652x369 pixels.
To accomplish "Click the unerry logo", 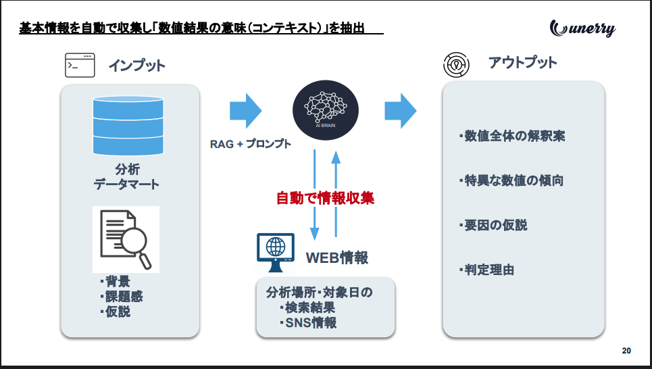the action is coord(582,28).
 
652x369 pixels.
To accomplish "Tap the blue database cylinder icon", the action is coord(128,126).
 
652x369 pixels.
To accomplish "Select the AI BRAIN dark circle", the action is coord(326,110).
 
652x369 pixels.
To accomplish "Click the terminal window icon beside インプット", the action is coord(80,66).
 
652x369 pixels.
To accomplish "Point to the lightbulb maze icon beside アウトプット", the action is coord(456,64).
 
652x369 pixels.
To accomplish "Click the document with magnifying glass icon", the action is coord(126,240).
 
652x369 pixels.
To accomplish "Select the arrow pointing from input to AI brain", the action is coord(246,111).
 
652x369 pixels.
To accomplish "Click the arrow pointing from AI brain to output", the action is coord(401,111).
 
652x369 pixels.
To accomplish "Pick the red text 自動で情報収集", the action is coord(325,198).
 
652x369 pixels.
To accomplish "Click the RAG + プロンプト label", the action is coord(250,144).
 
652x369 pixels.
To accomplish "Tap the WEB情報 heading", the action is coord(337,258).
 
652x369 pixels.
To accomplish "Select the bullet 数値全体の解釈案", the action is coord(512,136).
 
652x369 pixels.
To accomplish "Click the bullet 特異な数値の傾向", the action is coord(511,180).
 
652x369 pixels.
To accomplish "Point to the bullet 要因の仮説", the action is coord(493,225).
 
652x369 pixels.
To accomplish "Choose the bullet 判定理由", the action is coord(486,270).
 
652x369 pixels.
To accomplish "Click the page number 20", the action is coord(626,351).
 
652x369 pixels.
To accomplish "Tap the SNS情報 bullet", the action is coord(308,323).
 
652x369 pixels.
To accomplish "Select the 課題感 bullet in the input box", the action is coord(121,297).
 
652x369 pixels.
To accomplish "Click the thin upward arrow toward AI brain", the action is coord(336,193).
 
